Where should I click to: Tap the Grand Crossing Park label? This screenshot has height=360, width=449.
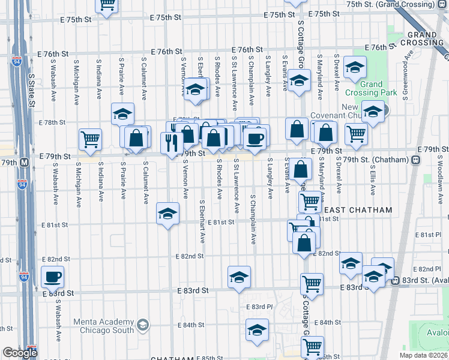pyautogui.click(x=371, y=88)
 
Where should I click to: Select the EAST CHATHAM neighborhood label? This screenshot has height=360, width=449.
pyautogui.click(x=358, y=210)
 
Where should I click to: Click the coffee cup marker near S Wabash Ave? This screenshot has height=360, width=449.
pyautogui.click(x=52, y=277)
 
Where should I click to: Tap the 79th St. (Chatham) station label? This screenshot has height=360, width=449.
pyautogui.click(x=379, y=160)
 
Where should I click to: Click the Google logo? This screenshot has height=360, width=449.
pyautogui.click(x=19, y=353)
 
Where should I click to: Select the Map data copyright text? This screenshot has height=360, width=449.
pyautogui.click(x=424, y=355)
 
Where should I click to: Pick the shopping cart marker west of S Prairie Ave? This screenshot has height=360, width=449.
pyautogui.click(x=90, y=139)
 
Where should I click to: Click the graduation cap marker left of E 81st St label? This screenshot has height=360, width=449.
pyautogui.click(x=168, y=213)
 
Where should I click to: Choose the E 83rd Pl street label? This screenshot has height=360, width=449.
pyautogui.click(x=259, y=307)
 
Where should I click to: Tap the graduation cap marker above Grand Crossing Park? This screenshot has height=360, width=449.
pyautogui.click(x=355, y=67)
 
